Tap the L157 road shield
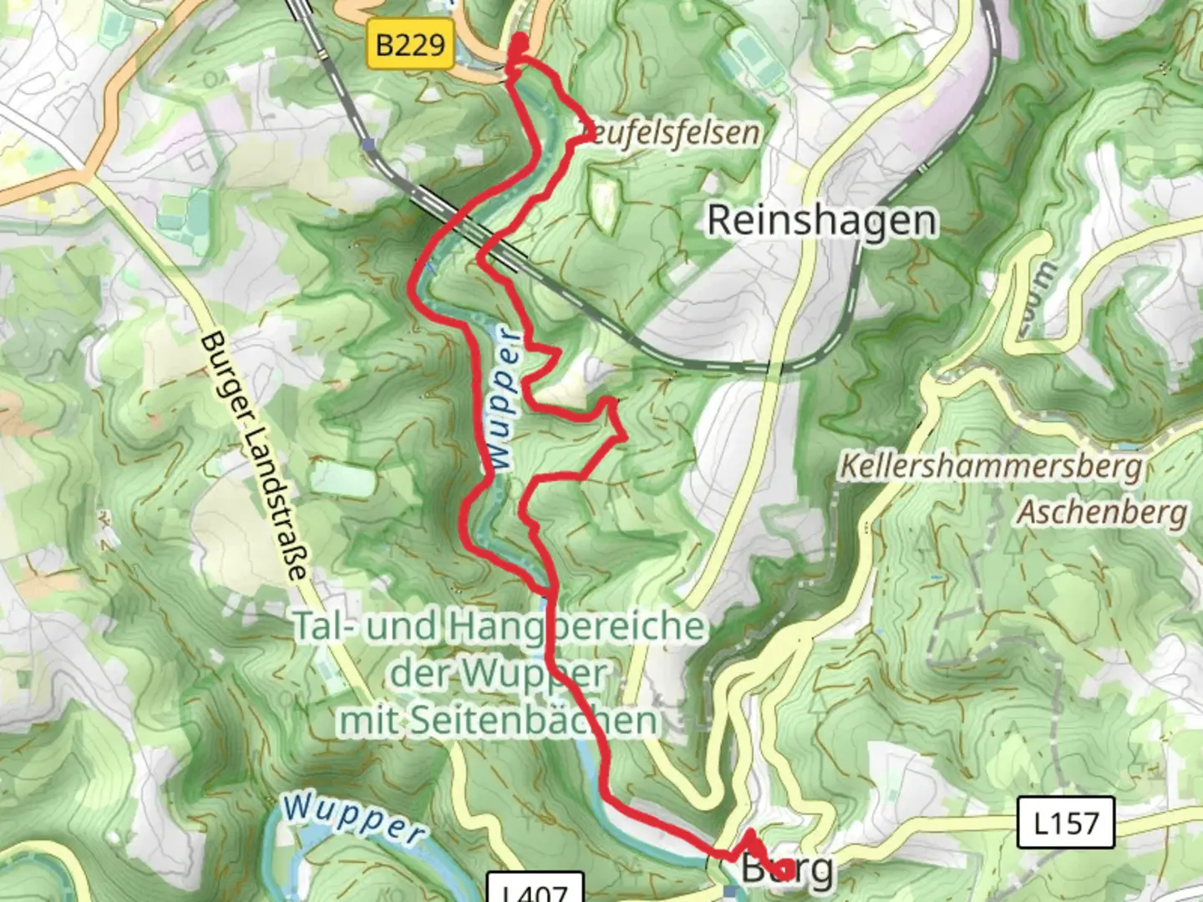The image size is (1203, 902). tap(1066, 823)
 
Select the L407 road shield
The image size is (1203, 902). tap(535, 890)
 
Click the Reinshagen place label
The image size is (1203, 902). tap(822, 220)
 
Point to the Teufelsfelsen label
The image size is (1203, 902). tap(670, 132)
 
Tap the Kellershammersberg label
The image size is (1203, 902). tap(990, 466)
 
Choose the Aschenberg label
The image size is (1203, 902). tap(1101, 511)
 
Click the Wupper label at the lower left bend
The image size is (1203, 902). tap(354, 819)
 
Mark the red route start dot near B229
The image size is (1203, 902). tap(520, 43)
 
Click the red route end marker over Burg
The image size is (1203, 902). tap(784, 871)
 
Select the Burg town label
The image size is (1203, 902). tap(787, 869)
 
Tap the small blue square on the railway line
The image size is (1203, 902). tap(368, 144)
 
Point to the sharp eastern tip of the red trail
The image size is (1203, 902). tap(625, 435)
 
